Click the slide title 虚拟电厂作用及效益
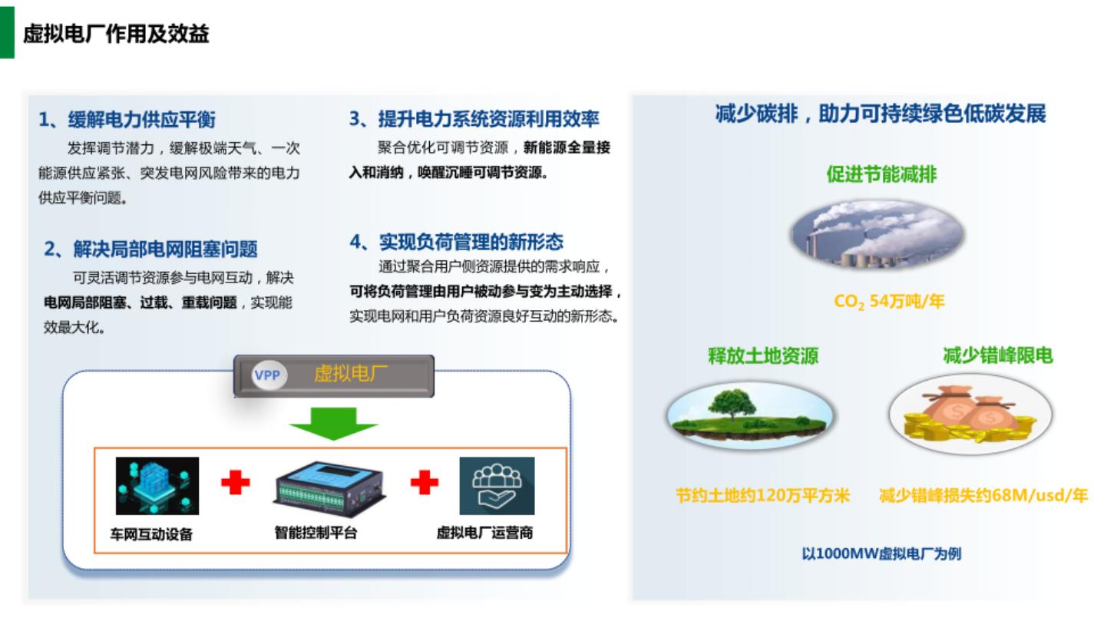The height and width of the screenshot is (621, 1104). click(116, 35)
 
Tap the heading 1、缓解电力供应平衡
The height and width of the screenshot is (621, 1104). click(127, 120)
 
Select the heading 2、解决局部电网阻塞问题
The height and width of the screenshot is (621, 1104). click(150, 249)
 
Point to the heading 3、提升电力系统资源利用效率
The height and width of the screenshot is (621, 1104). click(474, 119)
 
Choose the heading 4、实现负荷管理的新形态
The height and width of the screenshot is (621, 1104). click(456, 243)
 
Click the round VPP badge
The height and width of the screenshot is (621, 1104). click(267, 376)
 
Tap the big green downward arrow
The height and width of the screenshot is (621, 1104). click(333, 422)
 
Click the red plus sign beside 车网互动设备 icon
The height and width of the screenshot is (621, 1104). click(236, 482)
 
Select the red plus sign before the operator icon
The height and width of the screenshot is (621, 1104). click(424, 482)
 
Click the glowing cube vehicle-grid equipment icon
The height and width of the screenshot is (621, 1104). click(157, 486)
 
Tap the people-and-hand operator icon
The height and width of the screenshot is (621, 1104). click(497, 486)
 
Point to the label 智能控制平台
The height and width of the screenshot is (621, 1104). click(316, 532)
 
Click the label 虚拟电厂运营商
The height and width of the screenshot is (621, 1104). click(484, 532)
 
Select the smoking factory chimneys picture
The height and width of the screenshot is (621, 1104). click(877, 234)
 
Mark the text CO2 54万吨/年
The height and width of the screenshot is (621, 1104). click(889, 302)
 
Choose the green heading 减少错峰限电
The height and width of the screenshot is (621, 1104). click(997, 355)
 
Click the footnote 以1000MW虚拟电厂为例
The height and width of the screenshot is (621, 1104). click(881, 553)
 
